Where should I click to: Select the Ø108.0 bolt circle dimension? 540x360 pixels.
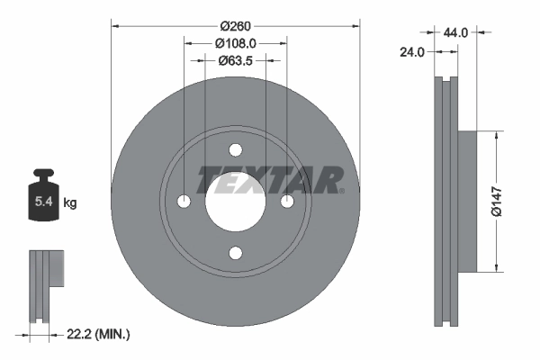coord(235,41)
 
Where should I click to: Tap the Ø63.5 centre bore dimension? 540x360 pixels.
coord(235,61)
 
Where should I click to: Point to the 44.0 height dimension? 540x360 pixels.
coord(456,31)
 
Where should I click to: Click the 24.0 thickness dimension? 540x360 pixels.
coord(412,52)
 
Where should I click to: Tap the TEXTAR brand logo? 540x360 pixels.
coord(270,179)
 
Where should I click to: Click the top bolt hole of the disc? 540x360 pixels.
coord(235,149)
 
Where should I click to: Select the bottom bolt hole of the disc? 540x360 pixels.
coord(235,253)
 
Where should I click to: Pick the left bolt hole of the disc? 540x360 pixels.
coord(184,201)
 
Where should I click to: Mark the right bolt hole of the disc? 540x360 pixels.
coord(287,201)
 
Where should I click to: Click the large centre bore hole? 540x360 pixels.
coord(235,202)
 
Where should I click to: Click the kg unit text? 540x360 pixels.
coord(70,203)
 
